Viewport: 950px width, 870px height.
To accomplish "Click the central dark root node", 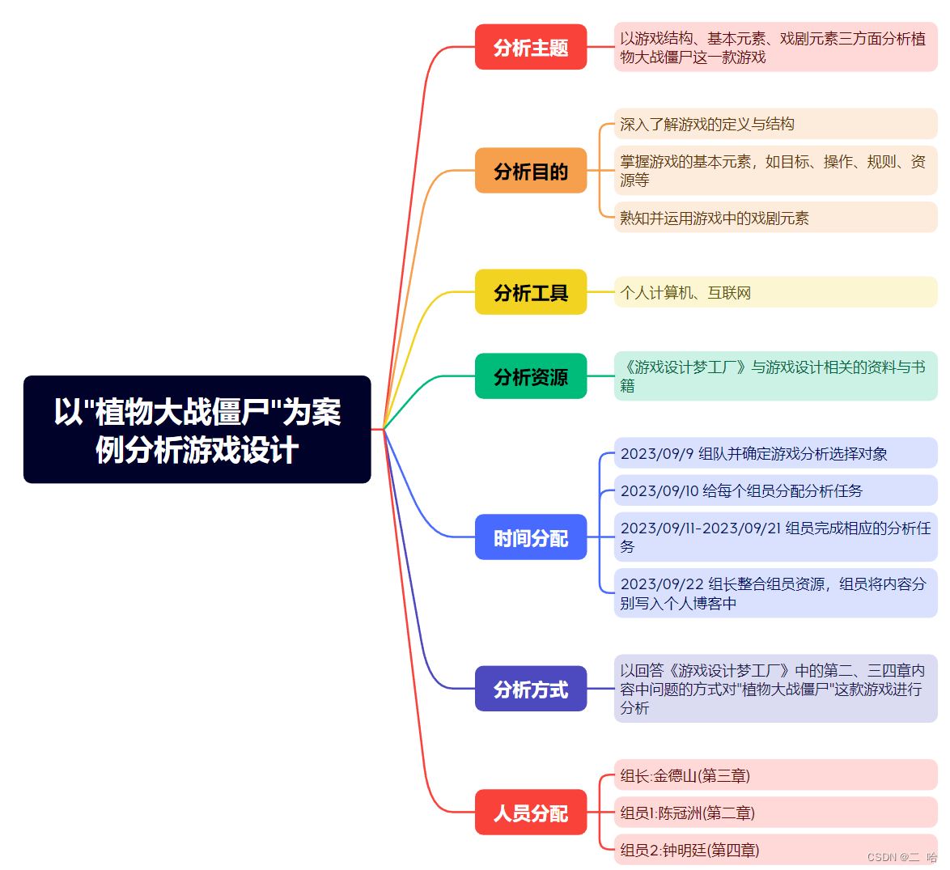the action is tap(197, 430).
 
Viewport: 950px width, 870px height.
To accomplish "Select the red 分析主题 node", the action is tap(531, 47).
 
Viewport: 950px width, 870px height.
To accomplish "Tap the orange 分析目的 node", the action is tap(531, 171).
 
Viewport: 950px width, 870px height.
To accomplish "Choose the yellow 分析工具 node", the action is tap(531, 292).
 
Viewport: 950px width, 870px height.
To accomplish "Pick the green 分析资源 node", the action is tap(531, 376).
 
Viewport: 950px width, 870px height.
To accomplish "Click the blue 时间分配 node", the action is tap(531, 537).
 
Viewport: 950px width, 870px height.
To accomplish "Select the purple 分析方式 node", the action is tap(531, 689).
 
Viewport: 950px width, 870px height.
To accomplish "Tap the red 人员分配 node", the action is tap(531, 813).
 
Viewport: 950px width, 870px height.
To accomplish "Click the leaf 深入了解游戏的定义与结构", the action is tap(775, 124).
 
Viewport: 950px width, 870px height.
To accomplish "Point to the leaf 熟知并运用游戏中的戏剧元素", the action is tap(775, 218).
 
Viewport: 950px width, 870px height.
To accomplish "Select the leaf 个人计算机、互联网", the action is tap(775, 292).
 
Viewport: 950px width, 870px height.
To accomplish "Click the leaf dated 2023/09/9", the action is tap(775, 453).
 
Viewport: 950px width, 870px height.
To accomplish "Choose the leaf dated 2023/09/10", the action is tap(775, 490).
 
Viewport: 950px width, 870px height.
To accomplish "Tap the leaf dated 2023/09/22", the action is tap(775, 593).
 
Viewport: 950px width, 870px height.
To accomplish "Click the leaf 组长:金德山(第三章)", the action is tap(775, 775).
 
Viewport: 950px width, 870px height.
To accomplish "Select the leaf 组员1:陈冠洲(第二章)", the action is tap(775, 813).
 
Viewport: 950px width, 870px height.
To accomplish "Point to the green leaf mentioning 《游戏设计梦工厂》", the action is tap(775, 376).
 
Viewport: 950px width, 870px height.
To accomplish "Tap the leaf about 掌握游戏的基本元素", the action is tap(775, 171).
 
